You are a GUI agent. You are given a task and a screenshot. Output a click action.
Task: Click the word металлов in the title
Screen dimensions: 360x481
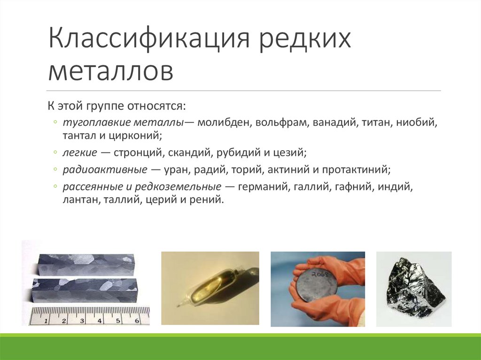pos(110,72)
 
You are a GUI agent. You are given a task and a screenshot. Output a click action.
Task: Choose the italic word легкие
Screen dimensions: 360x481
pos(79,153)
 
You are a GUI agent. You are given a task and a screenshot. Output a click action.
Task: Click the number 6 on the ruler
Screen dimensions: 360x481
pos(137,321)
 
